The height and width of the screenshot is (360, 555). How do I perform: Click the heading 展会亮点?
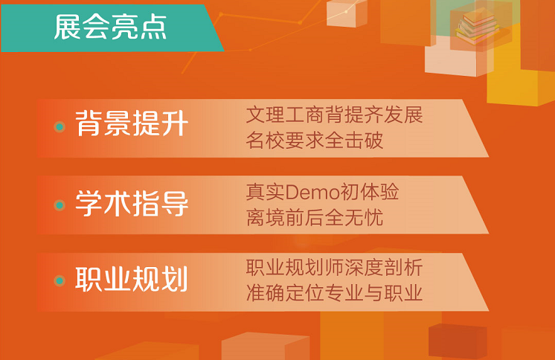(109, 28)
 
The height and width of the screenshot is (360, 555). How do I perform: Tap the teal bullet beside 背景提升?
(60, 126)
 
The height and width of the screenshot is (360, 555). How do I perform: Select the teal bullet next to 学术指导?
(60, 205)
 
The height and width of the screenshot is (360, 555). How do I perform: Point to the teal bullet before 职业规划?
(60, 280)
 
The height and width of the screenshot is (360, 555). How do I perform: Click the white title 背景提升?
(132, 123)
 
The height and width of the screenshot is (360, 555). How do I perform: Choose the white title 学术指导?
(132, 203)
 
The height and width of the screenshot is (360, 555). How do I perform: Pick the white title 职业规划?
(132, 279)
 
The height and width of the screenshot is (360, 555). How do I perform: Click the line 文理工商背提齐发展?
(334, 115)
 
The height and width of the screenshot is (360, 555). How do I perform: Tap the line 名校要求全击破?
(314, 140)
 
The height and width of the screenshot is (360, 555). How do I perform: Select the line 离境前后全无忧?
(314, 217)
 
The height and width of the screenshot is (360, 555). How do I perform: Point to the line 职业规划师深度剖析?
(334, 267)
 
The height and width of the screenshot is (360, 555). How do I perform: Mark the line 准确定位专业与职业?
(334, 293)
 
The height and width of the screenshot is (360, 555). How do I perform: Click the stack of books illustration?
(477, 27)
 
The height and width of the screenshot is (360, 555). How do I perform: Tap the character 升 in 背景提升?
(175, 123)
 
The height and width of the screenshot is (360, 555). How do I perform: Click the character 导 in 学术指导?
(175, 203)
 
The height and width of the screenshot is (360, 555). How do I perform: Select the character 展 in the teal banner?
(67, 28)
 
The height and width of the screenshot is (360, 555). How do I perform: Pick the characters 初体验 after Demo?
(369, 192)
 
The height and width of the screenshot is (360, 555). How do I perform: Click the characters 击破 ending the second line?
(364, 140)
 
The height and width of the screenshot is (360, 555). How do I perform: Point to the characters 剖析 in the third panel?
(403, 267)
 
